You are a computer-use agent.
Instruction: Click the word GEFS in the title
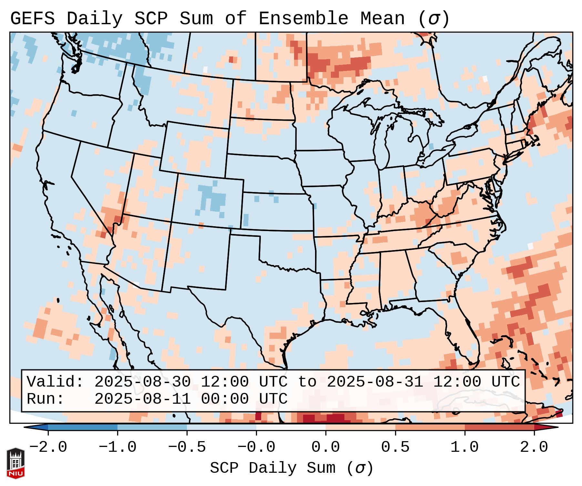tap(32, 19)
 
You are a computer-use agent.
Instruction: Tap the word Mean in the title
tap(382, 19)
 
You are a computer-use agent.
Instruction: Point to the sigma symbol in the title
tap(434, 19)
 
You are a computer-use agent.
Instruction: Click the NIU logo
tap(15, 463)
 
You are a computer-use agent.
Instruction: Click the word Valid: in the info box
tap(55, 382)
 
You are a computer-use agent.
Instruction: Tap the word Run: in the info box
tap(46, 399)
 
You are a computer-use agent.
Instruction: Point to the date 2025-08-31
tap(375, 382)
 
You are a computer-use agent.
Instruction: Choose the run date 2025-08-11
tap(142, 399)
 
